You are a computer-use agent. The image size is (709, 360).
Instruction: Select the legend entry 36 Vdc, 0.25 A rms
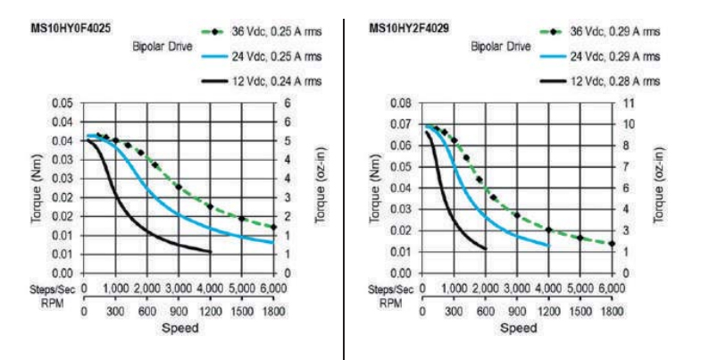tap(276, 31)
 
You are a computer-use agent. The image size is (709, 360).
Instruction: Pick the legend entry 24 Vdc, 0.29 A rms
tap(615, 56)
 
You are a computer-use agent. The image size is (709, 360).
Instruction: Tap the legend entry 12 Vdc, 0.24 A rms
tap(276, 82)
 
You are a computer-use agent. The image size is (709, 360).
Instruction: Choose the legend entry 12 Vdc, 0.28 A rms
tap(615, 81)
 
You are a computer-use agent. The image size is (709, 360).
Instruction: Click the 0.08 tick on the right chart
tap(399, 103)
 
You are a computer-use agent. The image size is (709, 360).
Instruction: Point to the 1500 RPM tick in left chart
tap(242, 313)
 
